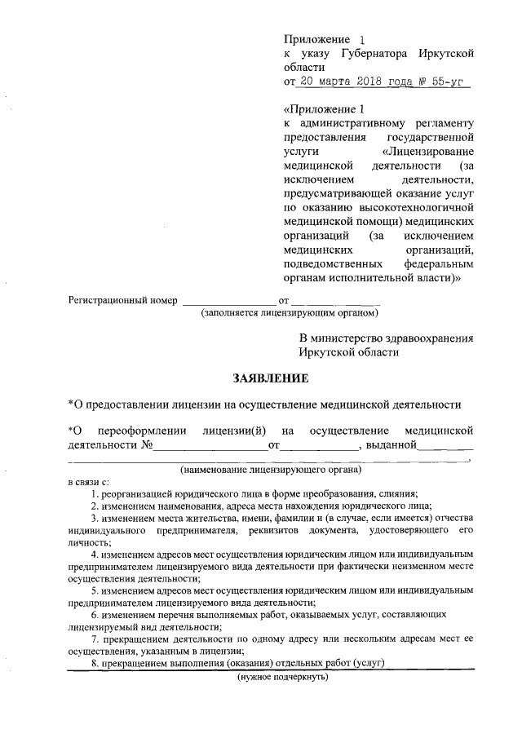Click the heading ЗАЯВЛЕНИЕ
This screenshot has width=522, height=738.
(x=271, y=378)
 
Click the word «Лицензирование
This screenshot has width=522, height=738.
(x=427, y=152)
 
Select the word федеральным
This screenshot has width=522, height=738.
(x=438, y=263)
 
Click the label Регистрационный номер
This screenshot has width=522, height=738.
(x=122, y=301)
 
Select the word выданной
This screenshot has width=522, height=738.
(x=391, y=444)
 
